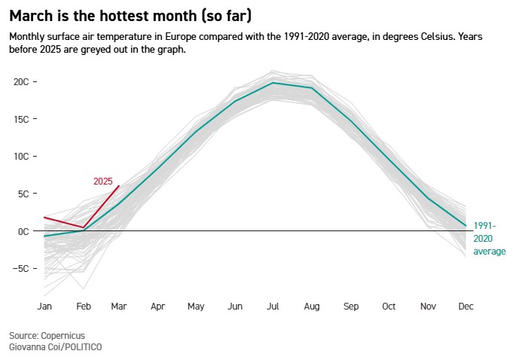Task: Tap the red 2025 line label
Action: [x=103, y=182]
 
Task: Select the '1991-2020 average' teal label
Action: [x=489, y=238]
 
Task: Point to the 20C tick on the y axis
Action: [x=21, y=82]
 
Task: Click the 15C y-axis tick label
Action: [x=21, y=119]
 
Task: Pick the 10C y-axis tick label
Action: [x=21, y=157]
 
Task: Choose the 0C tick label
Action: [x=23, y=231]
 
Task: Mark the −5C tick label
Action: [x=20, y=269]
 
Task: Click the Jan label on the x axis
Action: [x=44, y=307]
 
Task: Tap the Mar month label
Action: [x=119, y=307]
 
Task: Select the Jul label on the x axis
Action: [x=273, y=307]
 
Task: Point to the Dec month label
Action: [x=466, y=307]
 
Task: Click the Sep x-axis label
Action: [x=351, y=307]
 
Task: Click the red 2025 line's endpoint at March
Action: [x=119, y=186]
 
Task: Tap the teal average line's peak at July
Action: [x=273, y=83]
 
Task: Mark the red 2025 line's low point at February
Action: [x=84, y=227]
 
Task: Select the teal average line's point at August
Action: [x=312, y=88]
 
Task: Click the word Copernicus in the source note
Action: [x=64, y=334]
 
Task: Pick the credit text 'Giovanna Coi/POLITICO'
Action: [x=56, y=346]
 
